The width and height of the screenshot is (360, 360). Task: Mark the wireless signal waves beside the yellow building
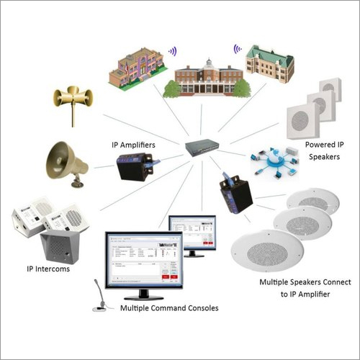point(172,52)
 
